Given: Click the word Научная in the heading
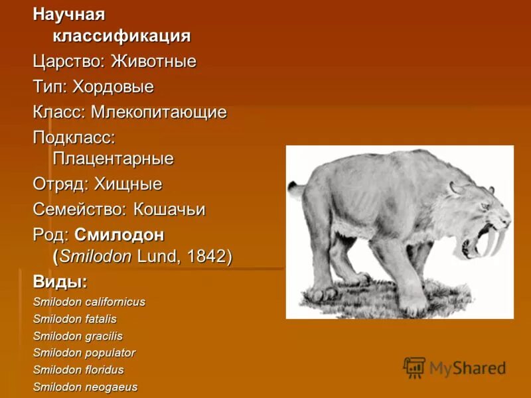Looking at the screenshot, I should point(69,14).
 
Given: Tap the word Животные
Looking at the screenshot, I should point(153,62).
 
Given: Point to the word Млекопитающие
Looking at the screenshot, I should point(159,112).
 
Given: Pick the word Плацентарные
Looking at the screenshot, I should point(113,159).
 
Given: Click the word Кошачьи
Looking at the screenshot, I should point(169,210).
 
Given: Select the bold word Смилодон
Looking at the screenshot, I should point(119,235).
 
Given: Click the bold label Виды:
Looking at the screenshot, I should point(60,281).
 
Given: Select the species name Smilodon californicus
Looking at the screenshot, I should point(89,302).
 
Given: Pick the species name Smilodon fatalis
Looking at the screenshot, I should point(74,319).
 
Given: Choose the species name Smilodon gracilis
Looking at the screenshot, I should point(78,336).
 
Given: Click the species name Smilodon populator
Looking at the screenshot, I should point(84,353).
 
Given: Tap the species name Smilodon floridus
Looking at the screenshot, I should point(78,370).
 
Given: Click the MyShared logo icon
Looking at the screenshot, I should point(414,367).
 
